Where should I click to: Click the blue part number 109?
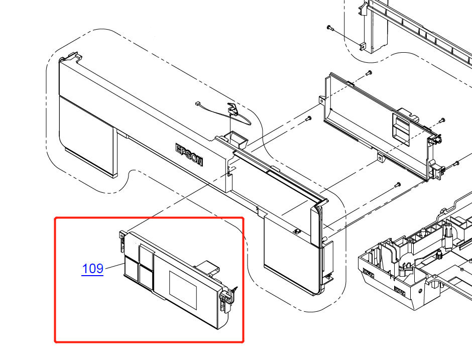pyautogui.click(x=92, y=269)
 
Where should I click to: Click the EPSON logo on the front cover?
pyautogui.click(x=189, y=155)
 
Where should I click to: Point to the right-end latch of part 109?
pyautogui.click(x=226, y=300)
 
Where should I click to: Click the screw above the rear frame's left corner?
pyautogui.click(x=369, y=73)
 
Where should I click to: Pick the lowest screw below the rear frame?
pyautogui.click(x=397, y=184)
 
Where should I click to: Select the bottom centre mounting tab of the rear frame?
pyautogui.click(x=381, y=159)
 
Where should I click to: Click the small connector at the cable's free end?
pyautogui.click(x=199, y=104)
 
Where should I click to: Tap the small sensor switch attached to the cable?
pyautogui.click(x=232, y=109)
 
